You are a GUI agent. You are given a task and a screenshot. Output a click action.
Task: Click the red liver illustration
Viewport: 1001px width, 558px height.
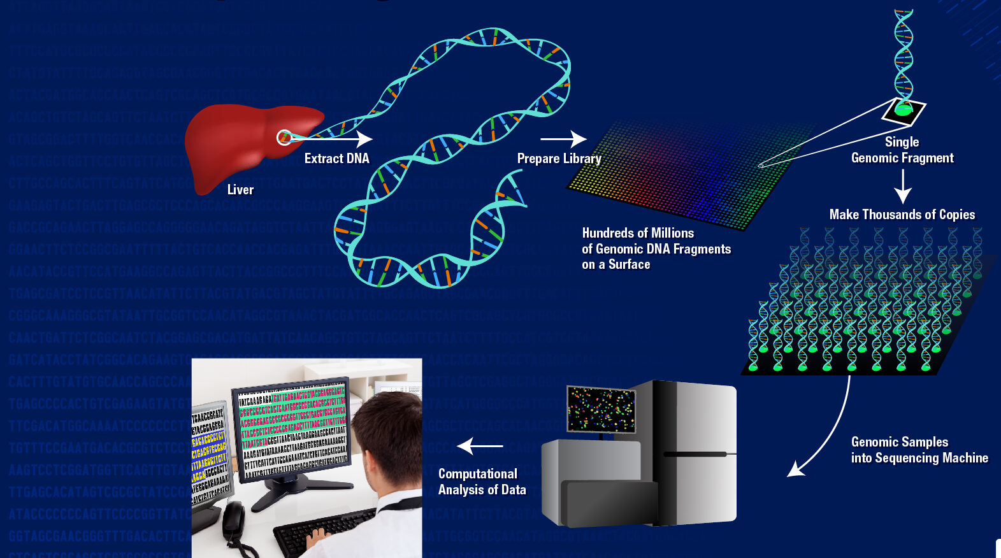pos(236,143)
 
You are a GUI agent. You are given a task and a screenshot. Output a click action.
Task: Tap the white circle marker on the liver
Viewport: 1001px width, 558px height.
pos(284,138)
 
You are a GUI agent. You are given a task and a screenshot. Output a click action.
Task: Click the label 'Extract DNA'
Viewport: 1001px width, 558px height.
pos(336,159)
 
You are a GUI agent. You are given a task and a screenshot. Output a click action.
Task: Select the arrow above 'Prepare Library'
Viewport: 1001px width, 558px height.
pos(563,138)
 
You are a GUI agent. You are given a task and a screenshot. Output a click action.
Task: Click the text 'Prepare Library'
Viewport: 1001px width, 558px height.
pos(559,159)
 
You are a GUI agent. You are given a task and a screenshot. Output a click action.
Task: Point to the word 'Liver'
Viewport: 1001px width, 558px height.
pos(240,190)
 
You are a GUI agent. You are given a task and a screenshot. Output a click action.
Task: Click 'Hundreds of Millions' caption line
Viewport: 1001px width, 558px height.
pos(638,233)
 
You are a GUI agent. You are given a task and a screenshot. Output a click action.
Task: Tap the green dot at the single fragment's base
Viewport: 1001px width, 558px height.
pos(904,110)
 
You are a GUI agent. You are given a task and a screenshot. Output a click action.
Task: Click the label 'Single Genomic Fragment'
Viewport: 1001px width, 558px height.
pos(902,150)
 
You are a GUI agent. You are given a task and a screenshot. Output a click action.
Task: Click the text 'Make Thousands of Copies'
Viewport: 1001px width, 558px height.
pos(902,215)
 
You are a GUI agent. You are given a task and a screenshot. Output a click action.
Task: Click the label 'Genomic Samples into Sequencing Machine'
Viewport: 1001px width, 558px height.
pos(919,450)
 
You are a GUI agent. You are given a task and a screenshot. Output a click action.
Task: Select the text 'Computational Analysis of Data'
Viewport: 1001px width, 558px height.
pos(482,482)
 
